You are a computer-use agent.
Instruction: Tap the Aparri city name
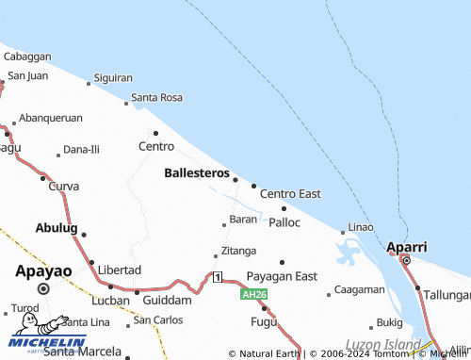point(407,247)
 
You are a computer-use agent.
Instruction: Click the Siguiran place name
point(113,77)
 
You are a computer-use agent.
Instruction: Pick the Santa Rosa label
point(156,97)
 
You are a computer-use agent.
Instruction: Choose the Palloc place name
point(284,222)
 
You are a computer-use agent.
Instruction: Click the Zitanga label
point(238,251)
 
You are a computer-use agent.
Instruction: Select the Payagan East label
point(282,275)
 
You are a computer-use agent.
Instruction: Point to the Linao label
point(361,227)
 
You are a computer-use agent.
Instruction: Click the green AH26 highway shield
point(251,294)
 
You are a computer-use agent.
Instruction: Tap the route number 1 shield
point(218,276)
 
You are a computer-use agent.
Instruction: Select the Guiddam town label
point(168,300)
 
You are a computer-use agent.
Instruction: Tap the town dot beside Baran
point(223,224)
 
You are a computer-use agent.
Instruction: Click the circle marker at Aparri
point(406,260)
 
